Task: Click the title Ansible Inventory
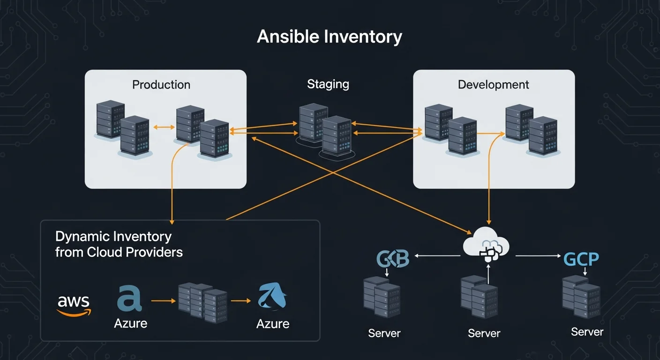coord(330,37)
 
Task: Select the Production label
coord(161,85)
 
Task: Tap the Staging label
coord(328,84)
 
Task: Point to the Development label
coord(493,85)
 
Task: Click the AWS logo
coord(74,305)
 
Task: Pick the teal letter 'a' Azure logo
coord(129,299)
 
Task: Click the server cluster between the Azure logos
coord(202,302)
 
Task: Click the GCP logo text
coord(581,259)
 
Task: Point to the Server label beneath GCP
coord(587,332)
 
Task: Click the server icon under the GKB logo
coord(381,297)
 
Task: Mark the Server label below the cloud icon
coord(484,333)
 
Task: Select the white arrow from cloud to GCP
coord(538,256)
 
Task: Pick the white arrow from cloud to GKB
coord(437,256)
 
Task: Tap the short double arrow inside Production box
coord(162,127)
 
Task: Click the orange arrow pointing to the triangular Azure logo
coord(241,301)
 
